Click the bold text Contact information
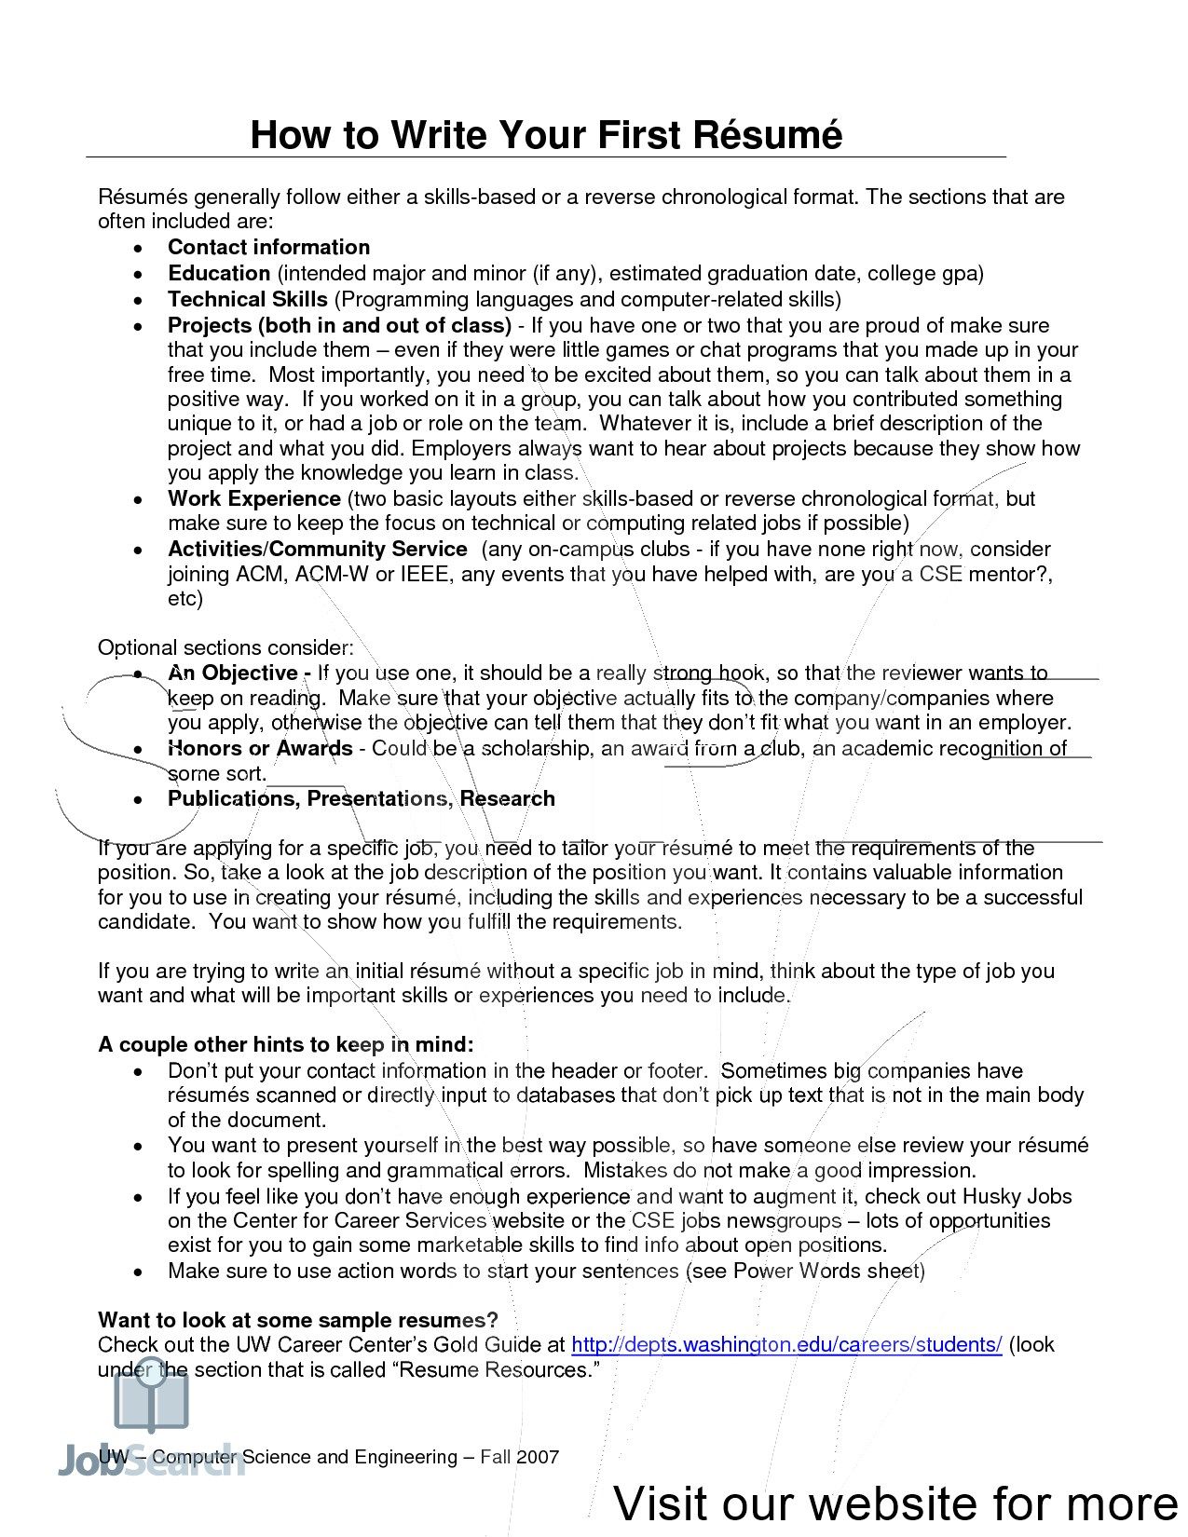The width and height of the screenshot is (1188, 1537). coord(268,247)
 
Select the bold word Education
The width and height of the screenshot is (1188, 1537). coord(219,273)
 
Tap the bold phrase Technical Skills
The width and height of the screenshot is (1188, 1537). coord(247,299)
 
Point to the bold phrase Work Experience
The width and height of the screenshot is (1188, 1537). coord(253,498)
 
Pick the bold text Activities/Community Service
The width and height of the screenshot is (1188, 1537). coord(317,549)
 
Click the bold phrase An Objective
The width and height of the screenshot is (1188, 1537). coord(239,673)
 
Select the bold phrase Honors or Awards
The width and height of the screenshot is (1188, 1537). coord(260,748)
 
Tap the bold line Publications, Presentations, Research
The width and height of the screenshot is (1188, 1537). coord(361,798)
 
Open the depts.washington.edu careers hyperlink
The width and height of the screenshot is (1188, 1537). coord(785,1344)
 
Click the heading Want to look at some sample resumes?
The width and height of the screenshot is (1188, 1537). coord(298,1320)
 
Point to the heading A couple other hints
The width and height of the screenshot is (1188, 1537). coord(286,1044)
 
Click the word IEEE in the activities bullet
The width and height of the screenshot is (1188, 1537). coord(426,574)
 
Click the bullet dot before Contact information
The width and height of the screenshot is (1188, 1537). coord(138,249)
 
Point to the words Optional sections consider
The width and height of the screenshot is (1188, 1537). coord(225,647)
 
